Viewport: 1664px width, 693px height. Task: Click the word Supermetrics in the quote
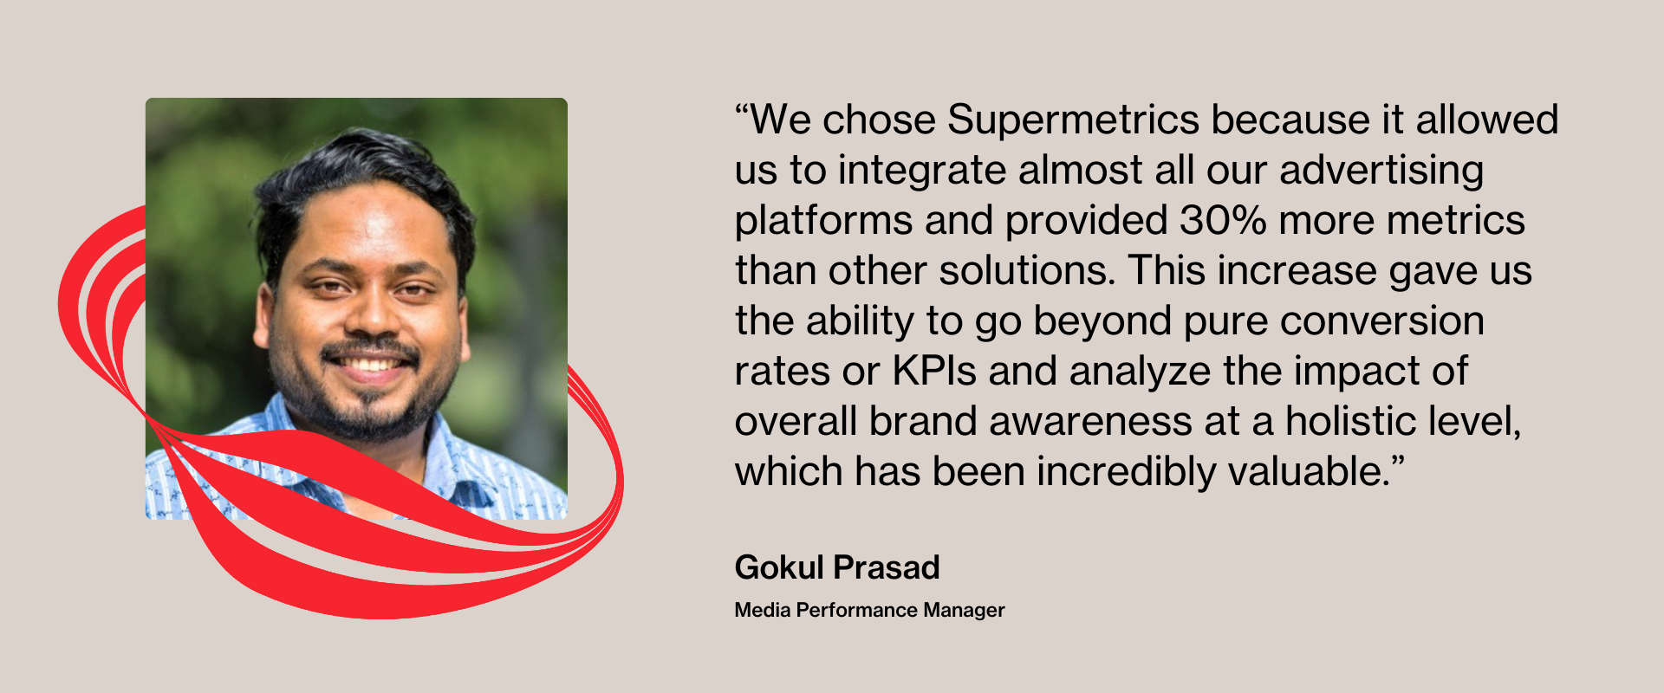pos(1072,120)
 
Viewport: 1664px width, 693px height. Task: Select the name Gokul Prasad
pos(837,567)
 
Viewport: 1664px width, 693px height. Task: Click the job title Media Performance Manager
pos(869,610)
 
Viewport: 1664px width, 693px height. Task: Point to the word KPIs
pos(934,371)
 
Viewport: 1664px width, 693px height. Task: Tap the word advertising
pos(1381,171)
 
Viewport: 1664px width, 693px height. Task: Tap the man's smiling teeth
pos(371,364)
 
